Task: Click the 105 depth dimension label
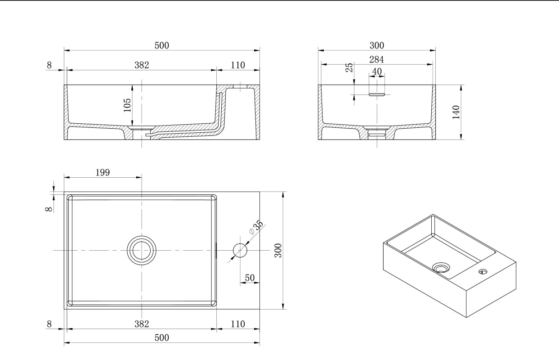coord(127,105)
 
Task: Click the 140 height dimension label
coord(456,112)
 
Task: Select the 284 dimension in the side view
coord(376,60)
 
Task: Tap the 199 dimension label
coord(103,172)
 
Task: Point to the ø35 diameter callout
coord(256,227)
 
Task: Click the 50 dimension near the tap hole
coord(250,278)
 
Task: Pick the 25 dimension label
coord(349,67)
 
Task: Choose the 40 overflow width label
coord(376,72)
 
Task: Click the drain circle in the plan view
coord(142,250)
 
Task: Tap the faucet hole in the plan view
coord(240,250)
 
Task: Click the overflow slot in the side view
coord(377,94)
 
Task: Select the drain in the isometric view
coord(441,268)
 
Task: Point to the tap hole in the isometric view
coord(483,271)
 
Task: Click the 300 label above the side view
coord(376,45)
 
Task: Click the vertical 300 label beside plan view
coord(278,250)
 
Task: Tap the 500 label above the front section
coord(162,45)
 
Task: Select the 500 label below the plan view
coord(162,338)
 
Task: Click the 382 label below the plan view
coord(142,324)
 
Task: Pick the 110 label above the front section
coord(237,65)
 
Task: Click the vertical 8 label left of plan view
coord(49,209)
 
